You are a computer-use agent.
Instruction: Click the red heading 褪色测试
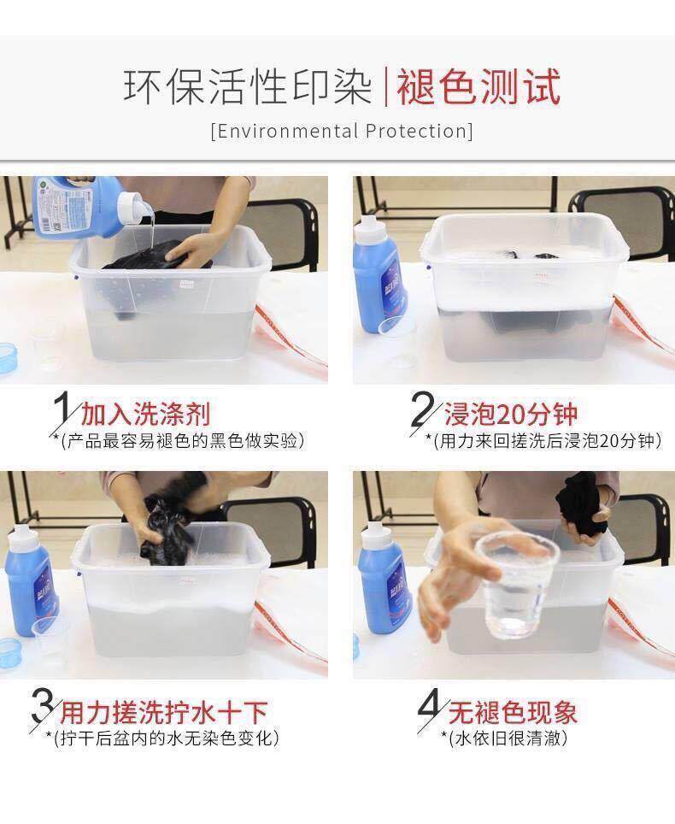click(478, 86)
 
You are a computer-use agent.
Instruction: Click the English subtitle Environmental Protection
click(342, 131)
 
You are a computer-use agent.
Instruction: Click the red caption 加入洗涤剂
click(145, 414)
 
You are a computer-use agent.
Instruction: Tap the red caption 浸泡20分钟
click(511, 414)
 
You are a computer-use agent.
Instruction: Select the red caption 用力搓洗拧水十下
click(164, 713)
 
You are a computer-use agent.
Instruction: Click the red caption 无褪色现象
click(513, 713)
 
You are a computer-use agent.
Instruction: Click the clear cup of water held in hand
click(514, 585)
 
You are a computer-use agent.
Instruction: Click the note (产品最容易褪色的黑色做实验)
click(182, 440)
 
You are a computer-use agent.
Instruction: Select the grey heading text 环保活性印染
click(248, 86)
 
